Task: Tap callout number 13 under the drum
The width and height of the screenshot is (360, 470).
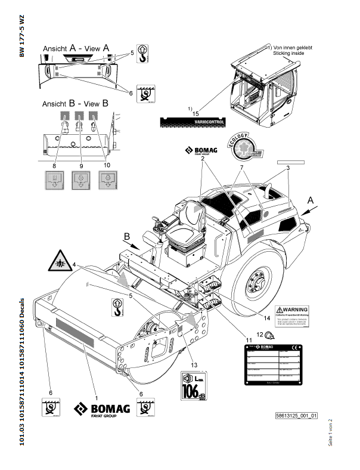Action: click(193, 365)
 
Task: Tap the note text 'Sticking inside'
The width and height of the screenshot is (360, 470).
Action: click(288, 53)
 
